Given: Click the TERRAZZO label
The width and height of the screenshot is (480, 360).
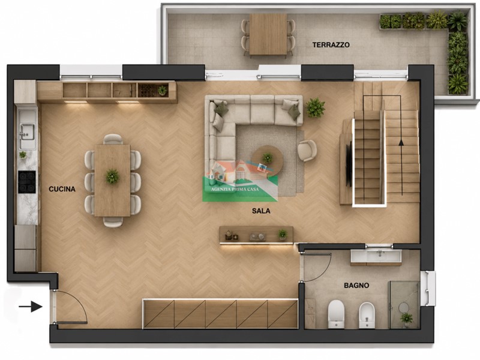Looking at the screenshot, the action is (x=331, y=44).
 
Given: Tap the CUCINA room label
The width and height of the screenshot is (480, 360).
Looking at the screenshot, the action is (x=62, y=189).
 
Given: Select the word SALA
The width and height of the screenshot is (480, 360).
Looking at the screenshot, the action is (x=261, y=211).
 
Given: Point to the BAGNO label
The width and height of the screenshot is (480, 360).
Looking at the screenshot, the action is (x=356, y=286).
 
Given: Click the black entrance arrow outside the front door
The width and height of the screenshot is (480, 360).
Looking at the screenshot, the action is (x=31, y=306).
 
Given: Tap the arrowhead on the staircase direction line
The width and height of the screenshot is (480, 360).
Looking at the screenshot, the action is (x=401, y=142).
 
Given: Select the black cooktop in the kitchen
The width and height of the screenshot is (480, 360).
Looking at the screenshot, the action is (x=27, y=182).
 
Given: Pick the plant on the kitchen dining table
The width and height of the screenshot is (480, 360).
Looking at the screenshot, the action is (x=112, y=176).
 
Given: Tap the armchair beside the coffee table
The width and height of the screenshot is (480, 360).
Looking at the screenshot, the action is (x=307, y=151).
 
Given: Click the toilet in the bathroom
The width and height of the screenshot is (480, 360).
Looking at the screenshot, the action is (x=336, y=314).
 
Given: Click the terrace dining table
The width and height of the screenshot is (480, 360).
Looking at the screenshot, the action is (x=268, y=34).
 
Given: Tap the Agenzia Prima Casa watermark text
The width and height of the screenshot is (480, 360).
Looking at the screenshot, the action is (x=235, y=189).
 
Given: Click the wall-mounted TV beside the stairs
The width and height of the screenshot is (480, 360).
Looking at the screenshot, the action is (x=349, y=166).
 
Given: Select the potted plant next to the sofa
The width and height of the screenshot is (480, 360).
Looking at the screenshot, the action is (x=316, y=107).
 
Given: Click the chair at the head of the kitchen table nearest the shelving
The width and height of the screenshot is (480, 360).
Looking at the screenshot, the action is (x=113, y=139).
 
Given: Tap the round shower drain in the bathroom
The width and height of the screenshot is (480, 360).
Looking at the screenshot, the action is (x=403, y=307).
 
